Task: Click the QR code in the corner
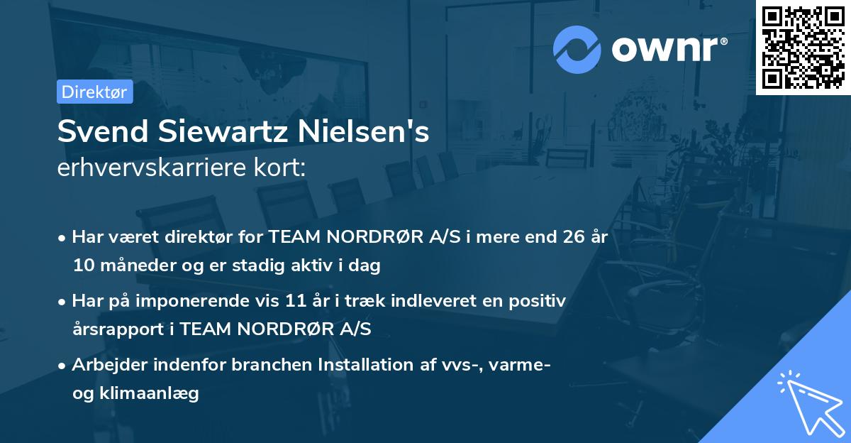tap(803, 47)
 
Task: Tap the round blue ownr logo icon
tap(577, 49)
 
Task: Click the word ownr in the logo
tap(663, 49)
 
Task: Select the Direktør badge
tap(94, 92)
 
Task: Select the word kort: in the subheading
tap(283, 168)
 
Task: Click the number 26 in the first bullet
tap(570, 236)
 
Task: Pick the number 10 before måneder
tap(82, 266)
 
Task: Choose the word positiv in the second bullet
tap(539, 300)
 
